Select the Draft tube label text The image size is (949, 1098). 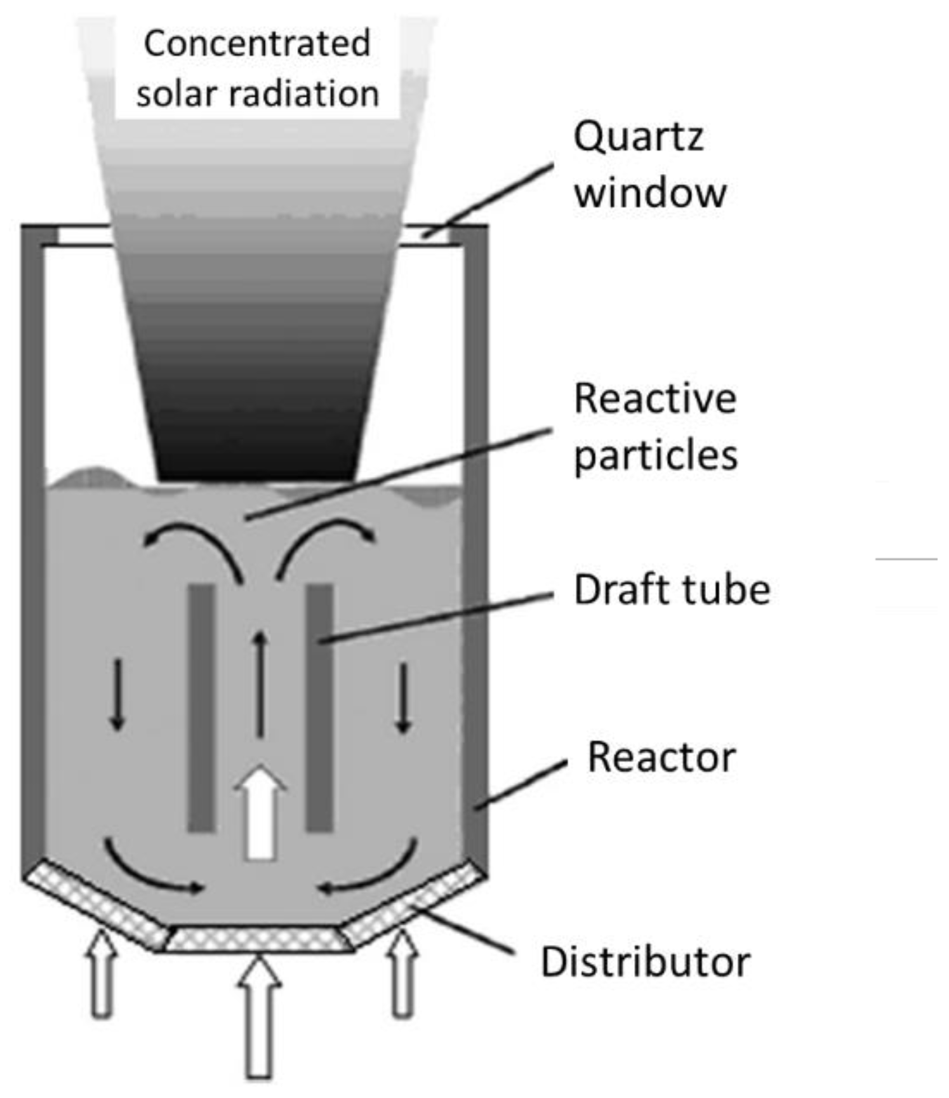[x=672, y=590]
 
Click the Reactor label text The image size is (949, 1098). [x=661, y=757]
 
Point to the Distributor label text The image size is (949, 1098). [x=645, y=961]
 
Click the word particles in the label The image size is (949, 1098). [x=655, y=455]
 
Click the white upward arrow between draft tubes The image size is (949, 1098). [x=260, y=813]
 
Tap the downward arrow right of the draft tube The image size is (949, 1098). [x=402, y=697]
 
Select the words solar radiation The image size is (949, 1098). [x=256, y=94]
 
